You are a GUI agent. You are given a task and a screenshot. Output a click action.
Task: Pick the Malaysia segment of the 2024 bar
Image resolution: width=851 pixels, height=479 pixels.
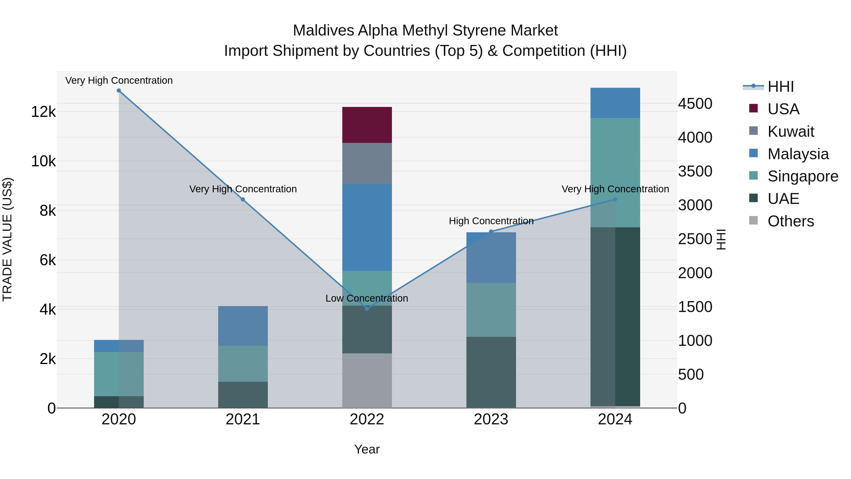coord(615,103)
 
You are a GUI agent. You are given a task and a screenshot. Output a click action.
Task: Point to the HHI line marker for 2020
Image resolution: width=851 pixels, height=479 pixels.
coord(119,91)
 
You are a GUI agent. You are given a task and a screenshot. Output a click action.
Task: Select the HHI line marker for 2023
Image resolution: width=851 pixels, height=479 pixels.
coord(491,232)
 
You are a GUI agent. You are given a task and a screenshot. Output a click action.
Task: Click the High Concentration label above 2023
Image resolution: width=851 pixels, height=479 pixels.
coord(491,221)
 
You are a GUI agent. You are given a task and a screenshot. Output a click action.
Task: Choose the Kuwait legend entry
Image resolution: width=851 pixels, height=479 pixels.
coord(790,132)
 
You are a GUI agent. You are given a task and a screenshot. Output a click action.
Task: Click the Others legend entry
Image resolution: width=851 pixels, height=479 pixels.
coord(790,221)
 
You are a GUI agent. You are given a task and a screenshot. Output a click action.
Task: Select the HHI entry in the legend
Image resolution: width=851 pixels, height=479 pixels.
coord(780,87)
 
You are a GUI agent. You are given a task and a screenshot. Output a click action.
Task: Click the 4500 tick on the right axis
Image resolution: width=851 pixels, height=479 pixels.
coord(695,104)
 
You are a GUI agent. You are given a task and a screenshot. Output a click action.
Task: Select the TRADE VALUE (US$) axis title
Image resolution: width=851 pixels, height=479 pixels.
coord(7,239)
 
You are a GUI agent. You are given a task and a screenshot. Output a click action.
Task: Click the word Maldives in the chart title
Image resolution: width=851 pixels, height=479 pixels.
coord(323,31)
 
